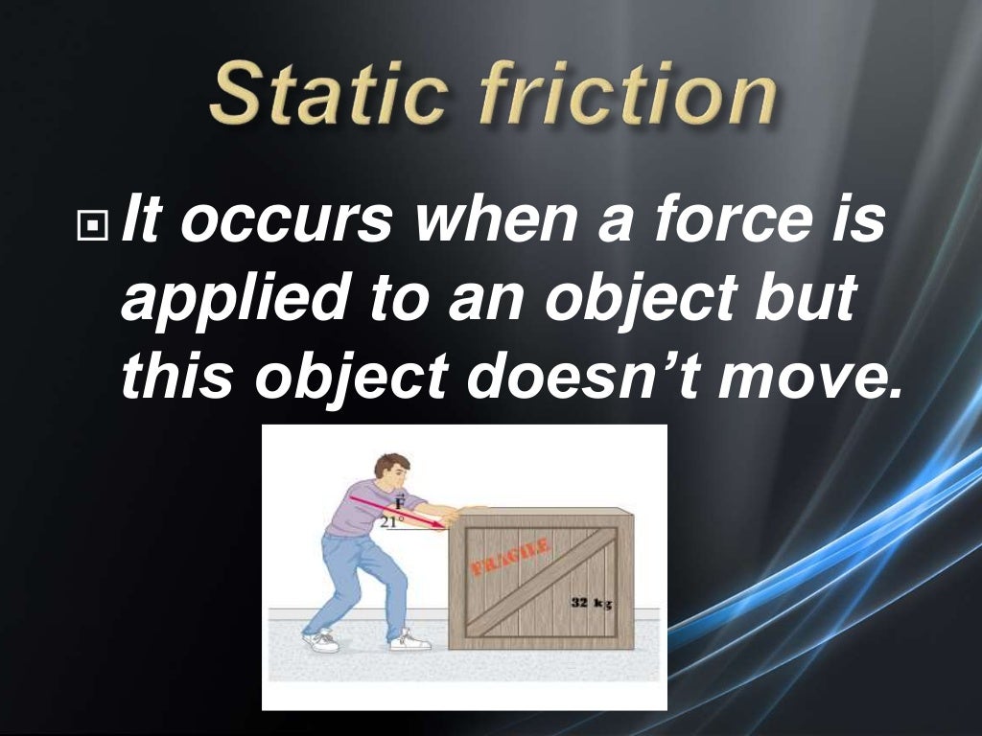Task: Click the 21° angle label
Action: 388,523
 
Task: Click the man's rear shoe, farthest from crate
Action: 321,641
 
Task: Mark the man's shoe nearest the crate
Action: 410,639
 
